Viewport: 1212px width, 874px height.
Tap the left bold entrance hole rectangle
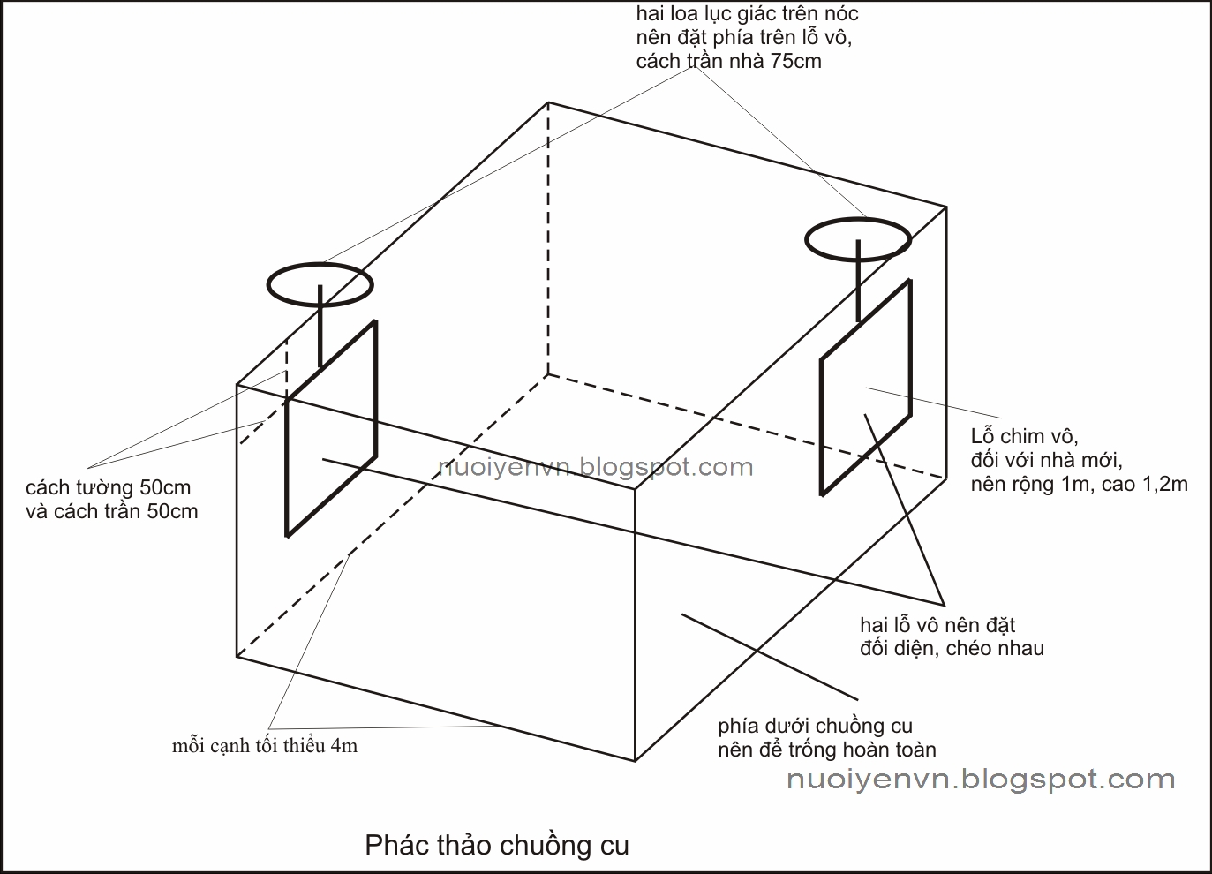tap(331, 428)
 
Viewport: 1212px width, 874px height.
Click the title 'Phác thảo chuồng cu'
tap(497, 845)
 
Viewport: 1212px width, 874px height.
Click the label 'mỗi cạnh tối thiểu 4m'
tap(265, 746)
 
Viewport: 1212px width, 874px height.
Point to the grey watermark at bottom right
tap(980, 779)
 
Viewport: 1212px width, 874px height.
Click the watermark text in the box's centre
tap(596, 467)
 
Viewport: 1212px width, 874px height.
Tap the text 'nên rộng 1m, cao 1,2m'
tap(1079, 483)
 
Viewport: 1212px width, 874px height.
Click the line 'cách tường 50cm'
tap(108, 487)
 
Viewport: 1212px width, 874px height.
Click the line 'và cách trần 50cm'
tap(112, 511)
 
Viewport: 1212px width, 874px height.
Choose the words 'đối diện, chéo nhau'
tap(952, 648)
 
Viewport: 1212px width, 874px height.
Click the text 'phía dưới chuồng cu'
tap(815, 726)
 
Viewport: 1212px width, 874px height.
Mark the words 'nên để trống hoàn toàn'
tap(826, 750)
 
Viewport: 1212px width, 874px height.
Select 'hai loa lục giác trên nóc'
tap(747, 14)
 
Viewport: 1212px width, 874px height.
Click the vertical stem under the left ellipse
tap(320, 324)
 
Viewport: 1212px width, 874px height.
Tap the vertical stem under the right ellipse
tap(858, 280)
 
